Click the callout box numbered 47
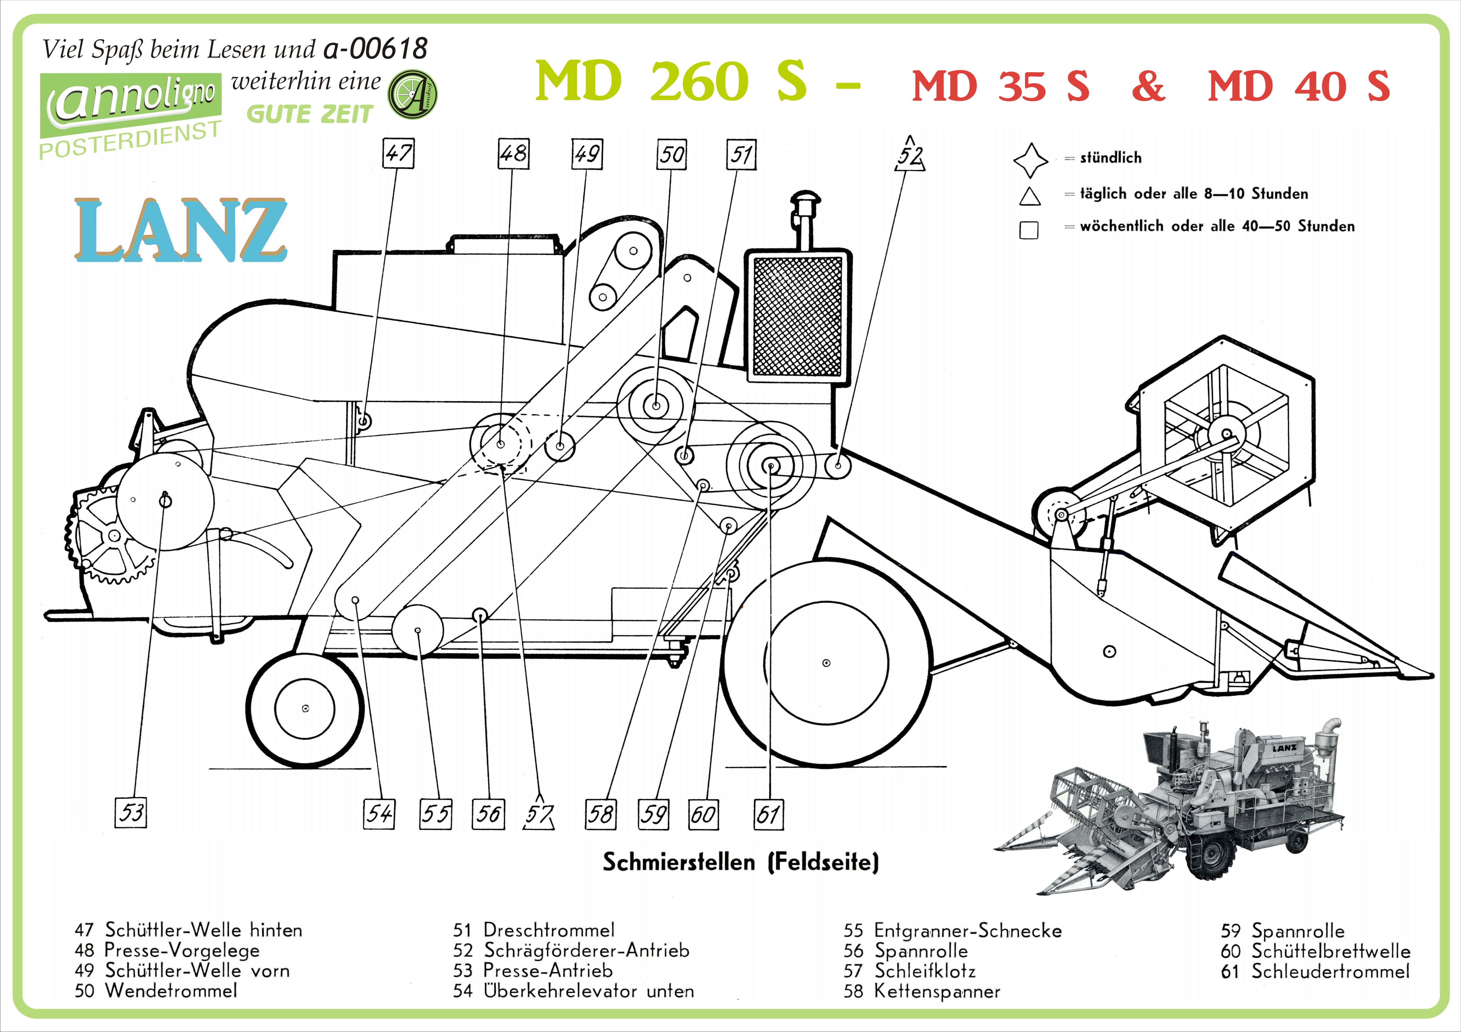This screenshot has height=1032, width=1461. click(x=398, y=153)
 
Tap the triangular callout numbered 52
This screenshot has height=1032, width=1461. click(x=910, y=154)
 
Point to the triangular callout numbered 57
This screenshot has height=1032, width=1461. click(x=539, y=813)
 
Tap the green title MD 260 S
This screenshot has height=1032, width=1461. click(x=671, y=81)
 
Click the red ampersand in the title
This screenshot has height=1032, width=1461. click(x=1149, y=86)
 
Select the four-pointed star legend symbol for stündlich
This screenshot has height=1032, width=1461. click(x=1031, y=160)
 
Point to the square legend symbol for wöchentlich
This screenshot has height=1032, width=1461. click(x=1029, y=230)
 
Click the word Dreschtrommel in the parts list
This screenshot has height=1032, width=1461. click(x=549, y=930)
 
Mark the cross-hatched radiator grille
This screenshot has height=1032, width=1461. click(x=797, y=316)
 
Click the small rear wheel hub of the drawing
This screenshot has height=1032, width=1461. click(x=306, y=708)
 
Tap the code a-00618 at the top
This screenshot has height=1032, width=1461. click(x=375, y=48)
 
